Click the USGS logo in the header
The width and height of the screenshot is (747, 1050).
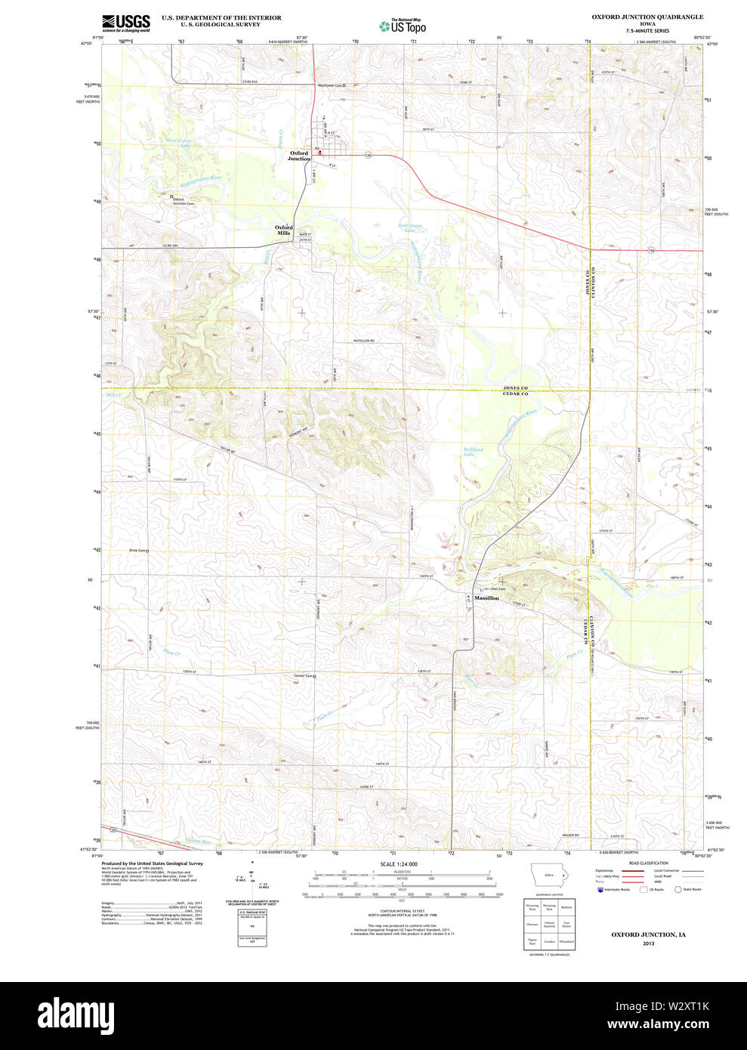(125, 23)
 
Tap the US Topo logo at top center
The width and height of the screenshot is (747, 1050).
(403, 26)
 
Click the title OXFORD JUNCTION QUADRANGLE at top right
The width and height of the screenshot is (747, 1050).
(647, 17)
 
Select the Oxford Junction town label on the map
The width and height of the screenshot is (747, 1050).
(299, 156)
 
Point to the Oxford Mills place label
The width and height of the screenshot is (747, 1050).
(283, 230)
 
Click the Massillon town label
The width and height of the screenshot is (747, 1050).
(486, 598)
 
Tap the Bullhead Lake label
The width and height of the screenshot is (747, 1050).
(473, 452)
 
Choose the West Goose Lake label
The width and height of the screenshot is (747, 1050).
(179, 141)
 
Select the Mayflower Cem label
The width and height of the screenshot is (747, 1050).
(331, 85)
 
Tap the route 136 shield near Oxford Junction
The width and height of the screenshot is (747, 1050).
(368, 155)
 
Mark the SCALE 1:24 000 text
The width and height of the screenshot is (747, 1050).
(399, 864)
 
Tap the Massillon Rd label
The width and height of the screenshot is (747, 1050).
(364, 341)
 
